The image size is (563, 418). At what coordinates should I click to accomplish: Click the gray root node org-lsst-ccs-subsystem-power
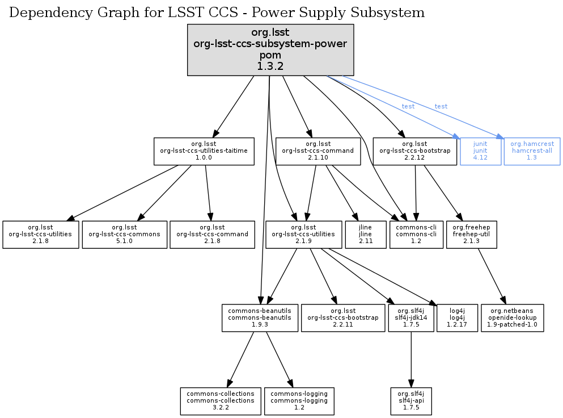[x=270, y=49]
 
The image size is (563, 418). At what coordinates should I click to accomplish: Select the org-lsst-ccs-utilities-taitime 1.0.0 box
[x=204, y=151]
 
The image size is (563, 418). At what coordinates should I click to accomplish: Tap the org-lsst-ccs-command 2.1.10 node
[x=318, y=151]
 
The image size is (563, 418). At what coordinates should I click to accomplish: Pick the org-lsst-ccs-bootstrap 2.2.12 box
[x=414, y=151]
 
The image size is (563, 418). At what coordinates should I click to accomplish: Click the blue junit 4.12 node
[x=480, y=151]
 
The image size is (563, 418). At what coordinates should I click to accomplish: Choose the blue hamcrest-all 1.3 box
[x=532, y=151]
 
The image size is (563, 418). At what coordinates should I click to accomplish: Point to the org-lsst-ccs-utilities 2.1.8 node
[x=41, y=235]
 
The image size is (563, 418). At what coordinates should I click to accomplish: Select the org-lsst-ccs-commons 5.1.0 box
[x=125, y=235]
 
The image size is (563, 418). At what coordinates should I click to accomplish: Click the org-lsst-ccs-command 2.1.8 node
[x=213, y=235]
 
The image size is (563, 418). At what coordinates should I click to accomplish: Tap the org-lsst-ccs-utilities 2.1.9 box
[x=303, y=235]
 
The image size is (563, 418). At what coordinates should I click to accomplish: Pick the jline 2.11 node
[x=365, y=235]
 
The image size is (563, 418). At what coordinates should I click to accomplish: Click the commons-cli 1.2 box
[x=416, y=235]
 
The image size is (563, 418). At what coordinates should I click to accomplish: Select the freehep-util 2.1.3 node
[x=471, y=235]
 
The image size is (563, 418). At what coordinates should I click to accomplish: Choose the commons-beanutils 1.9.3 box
[x=259, y=318]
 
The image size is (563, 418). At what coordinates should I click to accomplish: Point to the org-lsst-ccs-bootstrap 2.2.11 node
[x=343, y=318]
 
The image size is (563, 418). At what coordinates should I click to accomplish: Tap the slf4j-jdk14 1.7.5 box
[x=411, y=318]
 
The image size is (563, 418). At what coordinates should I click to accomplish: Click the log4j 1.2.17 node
[x=457, y=318]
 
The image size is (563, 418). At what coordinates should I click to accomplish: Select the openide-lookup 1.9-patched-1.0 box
[x=512, y=318]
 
